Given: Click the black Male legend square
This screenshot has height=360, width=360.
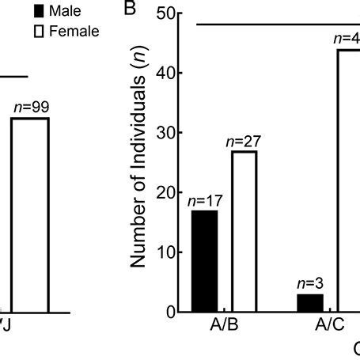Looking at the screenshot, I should click(x=37, y=13).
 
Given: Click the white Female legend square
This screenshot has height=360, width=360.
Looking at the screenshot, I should click(x=37, y=31).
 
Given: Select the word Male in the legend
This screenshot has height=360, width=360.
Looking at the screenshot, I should click(x=66, y=13).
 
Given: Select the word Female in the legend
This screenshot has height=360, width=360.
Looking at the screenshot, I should click(x=74, y=31).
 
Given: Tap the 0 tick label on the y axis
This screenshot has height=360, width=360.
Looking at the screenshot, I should click(x=169, y=312).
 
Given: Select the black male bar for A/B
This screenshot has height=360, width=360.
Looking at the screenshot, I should click(x=205, y=261).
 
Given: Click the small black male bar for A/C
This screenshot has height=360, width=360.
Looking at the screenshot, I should click(x=309, y=303).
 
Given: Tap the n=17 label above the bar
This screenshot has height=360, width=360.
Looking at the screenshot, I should click(x=204, y=201).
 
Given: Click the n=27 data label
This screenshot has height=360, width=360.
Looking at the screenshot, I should click(x=243, y=142).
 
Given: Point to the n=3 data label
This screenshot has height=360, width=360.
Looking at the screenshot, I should click(x=309, y=284).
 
